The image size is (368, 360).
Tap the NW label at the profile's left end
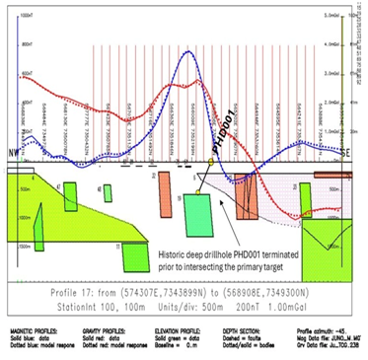[13, 155]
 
